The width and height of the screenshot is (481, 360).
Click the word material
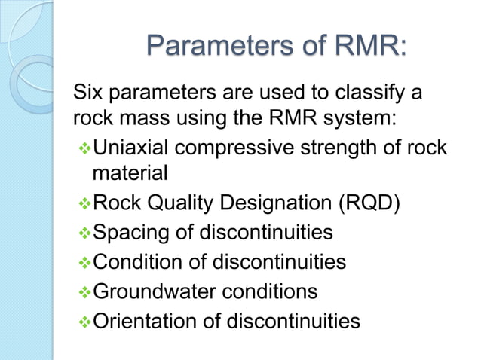(130, 172)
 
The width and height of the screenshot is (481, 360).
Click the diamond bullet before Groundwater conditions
(82, 291)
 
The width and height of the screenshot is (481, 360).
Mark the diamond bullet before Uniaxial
(82, 147)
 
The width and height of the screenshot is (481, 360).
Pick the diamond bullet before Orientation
(82, 322)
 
